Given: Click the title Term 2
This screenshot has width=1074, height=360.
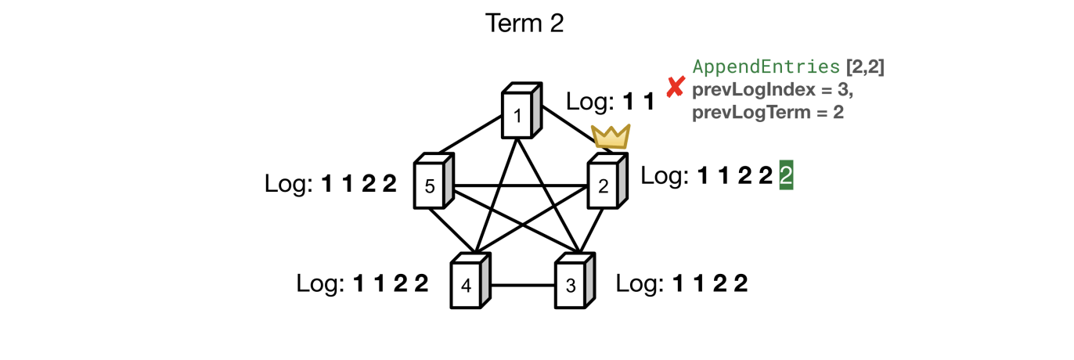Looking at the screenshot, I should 524,23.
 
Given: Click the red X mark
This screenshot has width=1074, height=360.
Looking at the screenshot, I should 675,88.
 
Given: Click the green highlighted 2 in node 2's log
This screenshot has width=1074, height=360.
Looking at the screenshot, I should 786,177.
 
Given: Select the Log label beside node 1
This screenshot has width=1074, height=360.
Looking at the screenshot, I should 589,101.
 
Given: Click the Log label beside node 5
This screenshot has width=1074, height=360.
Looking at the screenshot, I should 290,184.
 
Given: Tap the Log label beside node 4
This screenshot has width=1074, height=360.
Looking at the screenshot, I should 321,283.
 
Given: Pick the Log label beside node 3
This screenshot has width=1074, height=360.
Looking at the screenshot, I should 640,283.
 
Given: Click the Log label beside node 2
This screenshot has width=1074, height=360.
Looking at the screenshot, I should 665,177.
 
